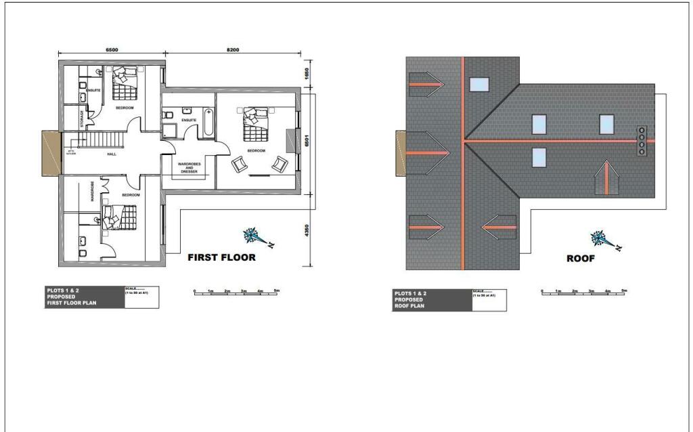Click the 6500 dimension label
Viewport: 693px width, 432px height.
tap(112, 49)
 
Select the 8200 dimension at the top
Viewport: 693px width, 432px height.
tap(233, 49)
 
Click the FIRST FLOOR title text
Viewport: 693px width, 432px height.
tap(221, 257)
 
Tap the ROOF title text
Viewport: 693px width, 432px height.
tap(580, 258)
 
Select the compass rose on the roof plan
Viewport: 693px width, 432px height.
tap(602, 239)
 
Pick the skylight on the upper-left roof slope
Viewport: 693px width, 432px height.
tap(479, 84)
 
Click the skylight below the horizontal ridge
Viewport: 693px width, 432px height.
tap(539, 156)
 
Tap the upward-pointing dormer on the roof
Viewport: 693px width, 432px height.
tap(606, 179)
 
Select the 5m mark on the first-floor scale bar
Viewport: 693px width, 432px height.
tap(276, 290)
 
